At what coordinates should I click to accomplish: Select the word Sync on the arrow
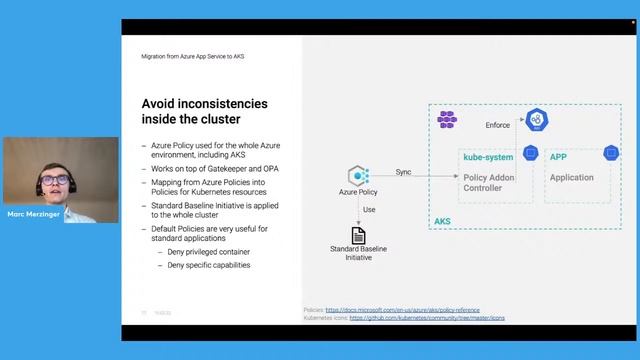[x=403, y=172]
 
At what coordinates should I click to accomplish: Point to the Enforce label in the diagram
[x=498, y=125]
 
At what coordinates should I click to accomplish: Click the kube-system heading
[x=488, y=158]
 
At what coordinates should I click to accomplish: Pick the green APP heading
[x=559, y=158]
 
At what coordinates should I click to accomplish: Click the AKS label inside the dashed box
[x=443, y=221]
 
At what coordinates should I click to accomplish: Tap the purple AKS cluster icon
[x=447, y=120]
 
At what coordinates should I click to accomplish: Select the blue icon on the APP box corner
[x=610, y=152]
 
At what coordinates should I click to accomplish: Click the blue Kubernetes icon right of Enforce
[x=539, y=121]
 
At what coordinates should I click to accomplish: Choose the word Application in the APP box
[x=571, y=178]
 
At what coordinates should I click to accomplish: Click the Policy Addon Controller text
[x=489, y=182]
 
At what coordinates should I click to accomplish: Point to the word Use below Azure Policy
[x=369, y=210]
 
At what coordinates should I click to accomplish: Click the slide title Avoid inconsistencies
[x=205, y=111]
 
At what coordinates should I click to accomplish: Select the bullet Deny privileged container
[x=209, y=254]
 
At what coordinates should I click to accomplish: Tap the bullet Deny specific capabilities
[x=209, y=265]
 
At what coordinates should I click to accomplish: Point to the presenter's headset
[x=41, y=186]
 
